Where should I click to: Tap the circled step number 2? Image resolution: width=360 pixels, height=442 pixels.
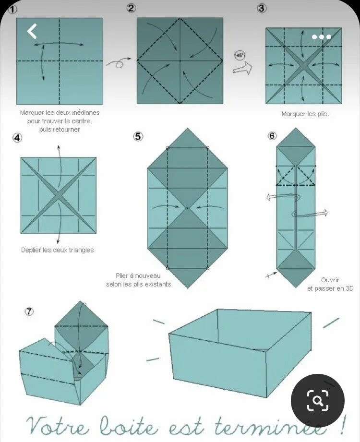coord(132,8)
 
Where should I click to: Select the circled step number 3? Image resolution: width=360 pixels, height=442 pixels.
coord(262,8)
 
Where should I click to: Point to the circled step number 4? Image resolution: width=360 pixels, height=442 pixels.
coord(17,138)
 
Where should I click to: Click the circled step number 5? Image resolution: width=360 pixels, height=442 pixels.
coord(138,136)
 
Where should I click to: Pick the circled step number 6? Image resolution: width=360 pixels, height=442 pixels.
coord(272,136)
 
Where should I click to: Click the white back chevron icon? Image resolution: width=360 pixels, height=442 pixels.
coord(32,31)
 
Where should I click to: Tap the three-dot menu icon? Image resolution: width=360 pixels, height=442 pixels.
coord(321,37)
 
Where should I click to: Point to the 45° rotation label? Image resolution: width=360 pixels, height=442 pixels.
coord(240,56)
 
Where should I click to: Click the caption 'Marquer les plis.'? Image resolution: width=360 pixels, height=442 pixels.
coord(305,114)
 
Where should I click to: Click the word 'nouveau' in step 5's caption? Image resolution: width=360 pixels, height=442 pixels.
coord(148,276)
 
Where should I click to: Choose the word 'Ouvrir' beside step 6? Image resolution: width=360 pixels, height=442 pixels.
coord(330,280)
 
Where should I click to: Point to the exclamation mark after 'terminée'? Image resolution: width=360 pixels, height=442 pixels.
coord(341,423)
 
